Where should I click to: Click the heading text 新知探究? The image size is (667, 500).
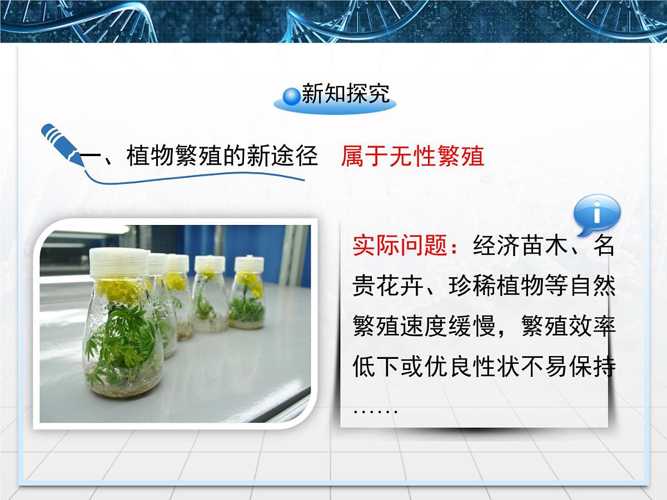pyautogui.click(x=345, y=94)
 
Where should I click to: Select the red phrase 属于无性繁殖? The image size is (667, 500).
pyautogui.click(x=412, y=157)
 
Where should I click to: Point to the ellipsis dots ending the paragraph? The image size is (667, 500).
pyautogui.click(x=376, y=412)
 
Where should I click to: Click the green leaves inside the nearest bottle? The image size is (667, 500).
pyautogui.click(x=125, y=339)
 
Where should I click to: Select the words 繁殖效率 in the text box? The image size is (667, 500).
pyautogui.click(x=568, y=327)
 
